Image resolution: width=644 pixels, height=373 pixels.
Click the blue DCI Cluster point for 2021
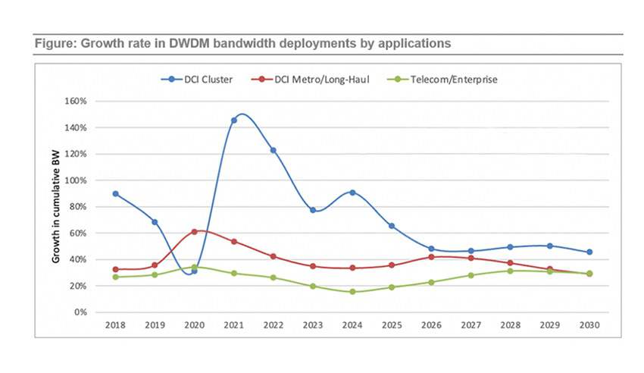click(x=233, y=121)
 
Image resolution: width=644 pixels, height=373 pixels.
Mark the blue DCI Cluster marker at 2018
click(x=115, y=194)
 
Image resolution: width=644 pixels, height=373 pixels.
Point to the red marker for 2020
click(x=194, y=231)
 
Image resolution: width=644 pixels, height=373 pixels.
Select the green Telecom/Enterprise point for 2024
click(x=352, y=292)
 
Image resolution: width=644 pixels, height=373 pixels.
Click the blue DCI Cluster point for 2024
click(x=352, y=193)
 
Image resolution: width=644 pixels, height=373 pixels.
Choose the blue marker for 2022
click(x=273, y=150)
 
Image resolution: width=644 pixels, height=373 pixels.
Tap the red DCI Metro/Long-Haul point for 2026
click(x=431, y=257)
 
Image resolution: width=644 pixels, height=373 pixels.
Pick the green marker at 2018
click(x=115, y=277)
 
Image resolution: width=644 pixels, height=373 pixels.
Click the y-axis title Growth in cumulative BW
click(x=56, y=207)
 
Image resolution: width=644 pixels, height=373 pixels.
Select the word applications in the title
click(x=414, y=43)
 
